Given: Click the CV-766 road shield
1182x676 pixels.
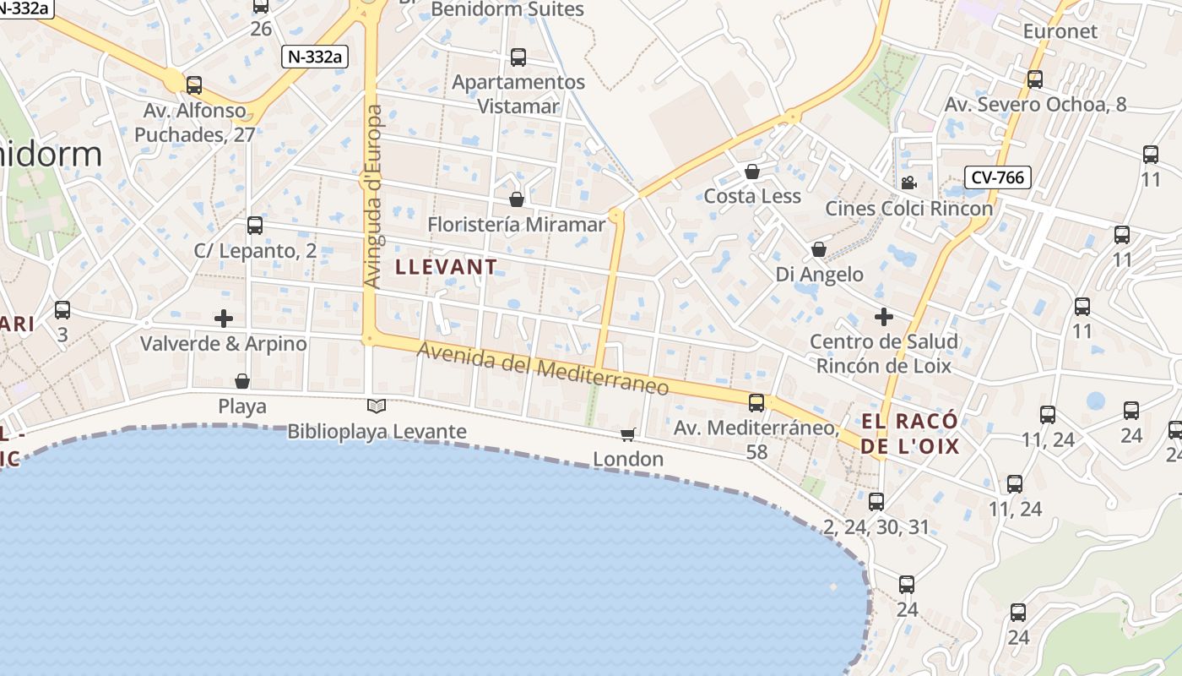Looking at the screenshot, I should [997, 177].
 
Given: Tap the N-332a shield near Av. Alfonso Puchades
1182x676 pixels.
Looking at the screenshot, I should [315, 57].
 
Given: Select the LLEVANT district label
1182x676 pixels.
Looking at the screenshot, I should [447, 267].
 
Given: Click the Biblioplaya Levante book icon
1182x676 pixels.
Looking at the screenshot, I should [377, 406].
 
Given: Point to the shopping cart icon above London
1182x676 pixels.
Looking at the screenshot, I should [627, 434].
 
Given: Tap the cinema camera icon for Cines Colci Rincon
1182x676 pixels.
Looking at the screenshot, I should [908, 183].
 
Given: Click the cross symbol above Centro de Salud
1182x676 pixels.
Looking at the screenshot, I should [884, 317].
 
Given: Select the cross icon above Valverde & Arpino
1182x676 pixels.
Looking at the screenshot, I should [224, 319].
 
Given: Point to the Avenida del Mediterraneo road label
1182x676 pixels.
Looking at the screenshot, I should [543, 369].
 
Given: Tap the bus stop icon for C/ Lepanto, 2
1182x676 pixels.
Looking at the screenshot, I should [255, 226].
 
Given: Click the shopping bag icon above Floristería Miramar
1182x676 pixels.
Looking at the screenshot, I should [517, 199].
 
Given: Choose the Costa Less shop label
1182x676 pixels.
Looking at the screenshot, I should [751, 196].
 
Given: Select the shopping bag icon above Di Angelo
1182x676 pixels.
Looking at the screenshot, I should [818, 249].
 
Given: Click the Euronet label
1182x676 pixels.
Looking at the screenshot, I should [1060, 31].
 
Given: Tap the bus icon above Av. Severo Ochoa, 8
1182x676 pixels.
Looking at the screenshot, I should [1035, 79].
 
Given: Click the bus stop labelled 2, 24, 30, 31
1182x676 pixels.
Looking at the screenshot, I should [876, 502].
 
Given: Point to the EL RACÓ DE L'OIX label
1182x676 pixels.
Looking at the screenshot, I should [910, 433].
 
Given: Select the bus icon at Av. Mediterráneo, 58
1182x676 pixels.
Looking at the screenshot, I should [756, 402].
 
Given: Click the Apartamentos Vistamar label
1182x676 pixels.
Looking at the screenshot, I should [518, 94].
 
